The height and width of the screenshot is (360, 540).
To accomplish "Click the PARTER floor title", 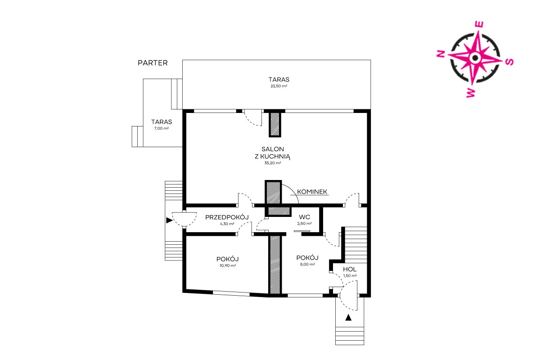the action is point(153,63).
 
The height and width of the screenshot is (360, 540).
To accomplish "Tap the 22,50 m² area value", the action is point(279,86).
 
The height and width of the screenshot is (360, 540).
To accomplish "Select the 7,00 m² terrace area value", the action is point(162,129).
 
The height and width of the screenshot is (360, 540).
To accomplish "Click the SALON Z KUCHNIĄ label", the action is point(273,153).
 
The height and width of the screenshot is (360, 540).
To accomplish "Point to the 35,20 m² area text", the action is point(273,163).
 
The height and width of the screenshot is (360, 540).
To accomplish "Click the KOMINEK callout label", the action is point(312,192).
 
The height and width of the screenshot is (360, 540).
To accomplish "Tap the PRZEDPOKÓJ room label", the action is point(227,217).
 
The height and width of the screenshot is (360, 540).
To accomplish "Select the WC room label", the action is point(305,217).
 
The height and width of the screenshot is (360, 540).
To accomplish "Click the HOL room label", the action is point(350,269).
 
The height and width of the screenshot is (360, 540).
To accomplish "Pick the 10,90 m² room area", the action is point(228,265).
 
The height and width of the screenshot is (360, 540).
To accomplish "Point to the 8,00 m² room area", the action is point(307,264).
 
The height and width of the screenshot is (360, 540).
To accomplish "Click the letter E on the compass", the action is point(479,25).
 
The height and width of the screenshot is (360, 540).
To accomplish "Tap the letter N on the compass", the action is point(441,54).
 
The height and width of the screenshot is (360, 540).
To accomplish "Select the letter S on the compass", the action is point(509,62).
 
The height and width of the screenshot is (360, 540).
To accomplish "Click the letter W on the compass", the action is point(471,93).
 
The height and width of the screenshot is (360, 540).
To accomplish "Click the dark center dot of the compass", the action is point(475,58).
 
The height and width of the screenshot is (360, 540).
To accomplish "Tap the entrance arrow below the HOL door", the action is point(348,318).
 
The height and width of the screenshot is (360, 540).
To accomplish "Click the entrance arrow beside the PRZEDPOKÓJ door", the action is point(170,220).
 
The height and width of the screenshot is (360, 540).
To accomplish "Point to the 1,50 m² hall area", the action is point(350,276).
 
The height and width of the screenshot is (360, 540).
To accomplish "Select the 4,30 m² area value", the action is point(227,224).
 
